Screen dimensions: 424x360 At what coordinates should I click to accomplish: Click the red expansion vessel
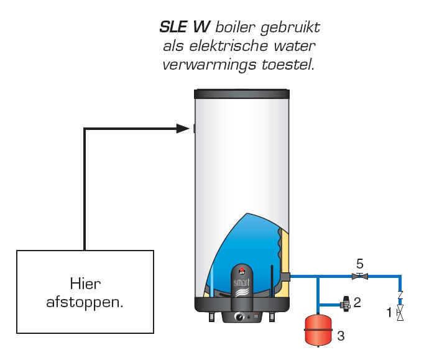tap(318, 330)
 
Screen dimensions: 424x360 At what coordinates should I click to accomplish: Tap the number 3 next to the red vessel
tap(341, 336)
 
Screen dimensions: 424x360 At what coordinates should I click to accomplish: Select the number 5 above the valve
tap(359, 264)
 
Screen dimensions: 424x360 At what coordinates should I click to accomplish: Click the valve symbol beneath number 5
tap(359, 276)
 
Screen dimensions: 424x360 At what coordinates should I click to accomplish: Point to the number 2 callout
tap(357, 302)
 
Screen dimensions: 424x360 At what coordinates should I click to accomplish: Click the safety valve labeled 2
tap(346, 304)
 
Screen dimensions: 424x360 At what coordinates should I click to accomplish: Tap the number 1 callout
tap(389, 313)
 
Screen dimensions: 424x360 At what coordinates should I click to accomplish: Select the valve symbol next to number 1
tap(400, 313)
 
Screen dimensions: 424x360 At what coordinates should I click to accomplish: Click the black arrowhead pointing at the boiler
tap(183, 129)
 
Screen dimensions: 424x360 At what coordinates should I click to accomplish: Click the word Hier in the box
tap(85, 284)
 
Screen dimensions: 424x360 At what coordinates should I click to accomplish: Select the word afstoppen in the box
tap(85, 302)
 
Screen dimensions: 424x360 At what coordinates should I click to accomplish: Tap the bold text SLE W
tap(185, 27)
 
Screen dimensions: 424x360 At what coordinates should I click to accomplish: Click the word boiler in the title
tap(235, 27)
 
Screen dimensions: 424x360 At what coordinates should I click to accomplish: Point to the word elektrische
tap(229, 46)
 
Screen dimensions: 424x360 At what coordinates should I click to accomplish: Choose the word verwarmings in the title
tap(210, 65)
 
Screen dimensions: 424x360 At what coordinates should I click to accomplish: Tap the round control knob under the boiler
tap(239, 316)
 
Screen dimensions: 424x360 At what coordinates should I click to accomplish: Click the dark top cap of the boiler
tap(242, 94)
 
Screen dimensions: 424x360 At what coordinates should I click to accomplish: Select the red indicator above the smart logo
tap(241, 269)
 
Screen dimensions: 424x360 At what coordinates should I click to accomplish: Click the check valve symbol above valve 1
tap(400, 295)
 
